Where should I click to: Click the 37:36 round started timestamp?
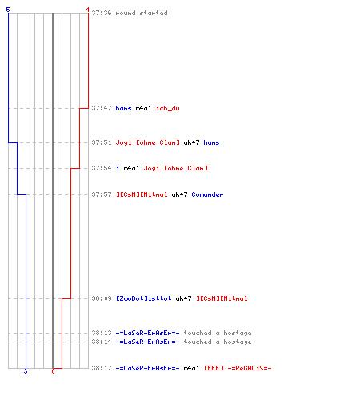coord(102,13)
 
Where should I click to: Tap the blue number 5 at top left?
coord(8,10)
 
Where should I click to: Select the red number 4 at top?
coord(88,10)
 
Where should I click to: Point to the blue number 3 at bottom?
coord(26,371)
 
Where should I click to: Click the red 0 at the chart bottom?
coord(53,371)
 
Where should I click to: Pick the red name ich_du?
coord(168,108)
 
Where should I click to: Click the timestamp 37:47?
coord(102,108)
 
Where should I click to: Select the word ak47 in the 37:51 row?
coord(191,142)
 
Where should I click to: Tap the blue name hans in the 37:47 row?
coord(123,108)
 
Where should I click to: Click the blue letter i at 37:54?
coord(118,168)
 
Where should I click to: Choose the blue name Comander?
coord(207,194)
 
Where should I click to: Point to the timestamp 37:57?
coord(102,194)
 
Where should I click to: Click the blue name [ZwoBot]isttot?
coord(143,298)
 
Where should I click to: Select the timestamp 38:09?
coord(102,298)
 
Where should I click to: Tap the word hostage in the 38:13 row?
coord(238,333)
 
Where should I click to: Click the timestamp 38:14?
coord(102,342)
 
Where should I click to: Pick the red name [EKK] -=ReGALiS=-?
coord(238,368)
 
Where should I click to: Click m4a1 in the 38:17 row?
coord(191,368)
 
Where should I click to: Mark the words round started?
coord(142,13)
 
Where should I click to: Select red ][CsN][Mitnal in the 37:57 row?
coord(142,194)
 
